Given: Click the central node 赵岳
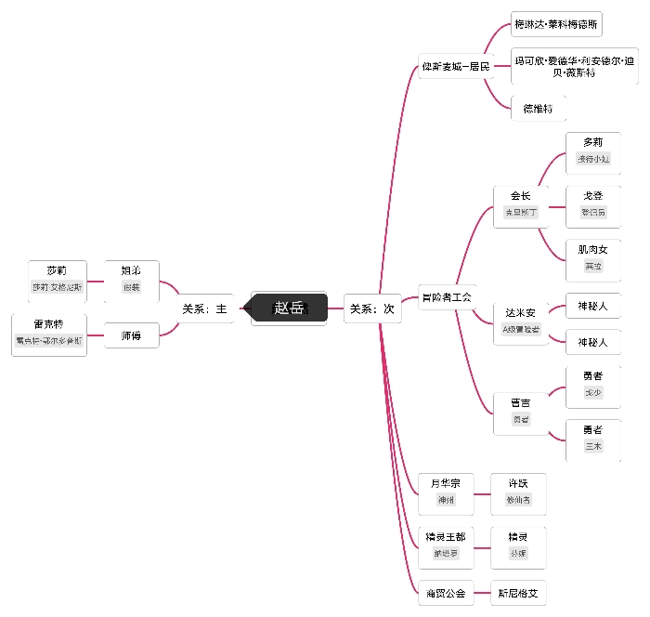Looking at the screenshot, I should (290, 308).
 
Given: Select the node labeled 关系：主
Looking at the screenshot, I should (204, 308).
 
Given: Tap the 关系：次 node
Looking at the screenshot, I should (372, 308).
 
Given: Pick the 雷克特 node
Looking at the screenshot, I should (49, 333).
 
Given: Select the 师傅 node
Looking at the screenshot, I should (131, 335).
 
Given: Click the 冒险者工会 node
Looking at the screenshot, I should (447, 297).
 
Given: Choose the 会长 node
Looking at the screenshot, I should (521, 203).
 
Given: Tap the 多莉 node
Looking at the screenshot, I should (593, 150).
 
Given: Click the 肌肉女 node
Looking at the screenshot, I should (593, 257).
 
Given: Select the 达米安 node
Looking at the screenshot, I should (521, 320).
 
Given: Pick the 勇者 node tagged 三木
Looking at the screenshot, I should (593, 438).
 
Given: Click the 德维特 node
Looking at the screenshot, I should (538, 109).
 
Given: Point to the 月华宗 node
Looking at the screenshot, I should (446, 491).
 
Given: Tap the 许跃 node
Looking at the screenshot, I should (518, 491).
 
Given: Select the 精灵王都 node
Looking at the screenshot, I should (446, 545).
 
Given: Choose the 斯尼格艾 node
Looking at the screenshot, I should (518, 592).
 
